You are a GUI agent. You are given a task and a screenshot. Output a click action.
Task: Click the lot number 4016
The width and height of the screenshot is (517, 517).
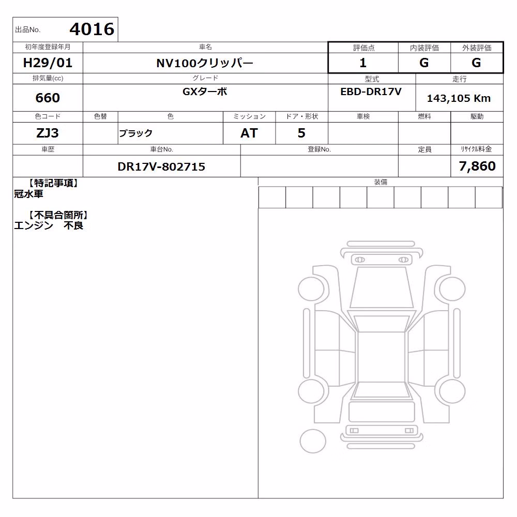click(92, 29)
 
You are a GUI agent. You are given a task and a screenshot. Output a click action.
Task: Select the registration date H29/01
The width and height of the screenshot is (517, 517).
click(48, 63)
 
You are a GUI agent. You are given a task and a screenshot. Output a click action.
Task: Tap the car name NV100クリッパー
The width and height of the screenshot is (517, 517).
click(205, 63)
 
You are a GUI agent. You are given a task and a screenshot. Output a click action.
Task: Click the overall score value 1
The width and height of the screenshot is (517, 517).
click(363, 63)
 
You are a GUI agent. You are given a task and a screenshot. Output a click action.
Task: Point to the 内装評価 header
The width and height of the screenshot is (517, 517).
click(424, 48)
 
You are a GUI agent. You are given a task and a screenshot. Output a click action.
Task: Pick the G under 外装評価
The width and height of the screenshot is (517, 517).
click(476, 63)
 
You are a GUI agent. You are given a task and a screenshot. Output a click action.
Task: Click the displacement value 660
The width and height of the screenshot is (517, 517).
click(48, 98)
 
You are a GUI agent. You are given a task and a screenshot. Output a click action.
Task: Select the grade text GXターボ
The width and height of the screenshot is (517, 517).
click(205, 92)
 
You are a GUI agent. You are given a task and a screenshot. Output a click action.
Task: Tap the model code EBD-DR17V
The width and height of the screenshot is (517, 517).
click(371, 92)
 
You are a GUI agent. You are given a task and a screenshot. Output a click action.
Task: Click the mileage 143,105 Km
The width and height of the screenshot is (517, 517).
click(459, 98)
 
